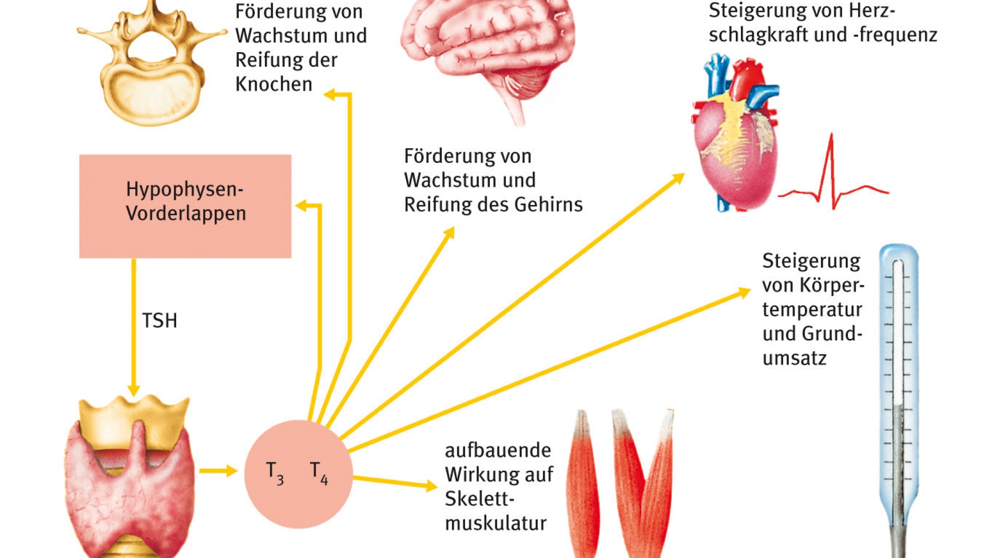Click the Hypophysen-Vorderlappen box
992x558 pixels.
185,206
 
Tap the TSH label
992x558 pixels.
160,321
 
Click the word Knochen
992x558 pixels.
274,84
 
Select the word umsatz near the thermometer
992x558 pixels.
795,358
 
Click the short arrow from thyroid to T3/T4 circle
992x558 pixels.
218,471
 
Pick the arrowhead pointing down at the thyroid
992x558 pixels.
134,390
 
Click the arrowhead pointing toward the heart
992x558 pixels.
678,179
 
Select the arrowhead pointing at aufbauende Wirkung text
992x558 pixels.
431,485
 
